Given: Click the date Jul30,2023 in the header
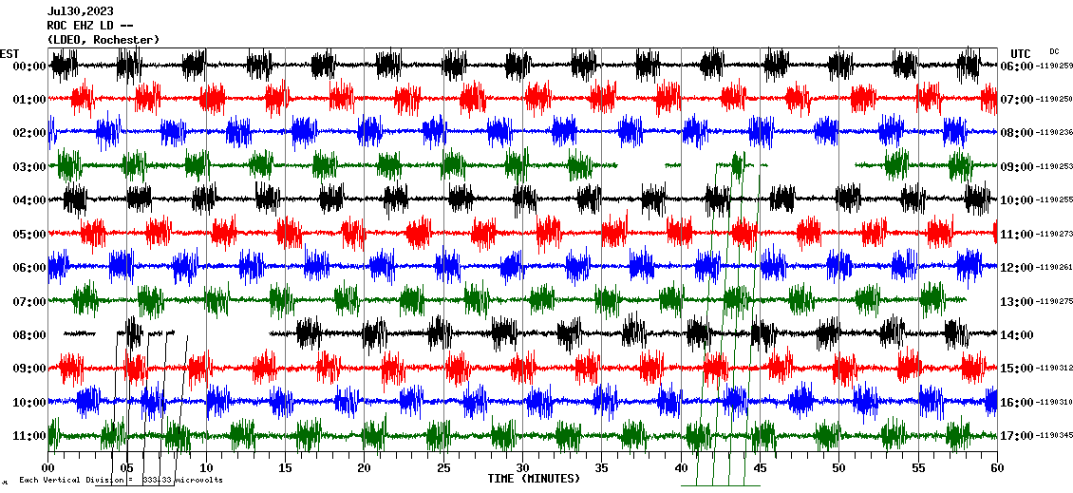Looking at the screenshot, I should pos(80,11).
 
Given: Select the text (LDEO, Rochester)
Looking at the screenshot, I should pos(104,39).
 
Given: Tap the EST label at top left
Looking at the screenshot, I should pos(9,53).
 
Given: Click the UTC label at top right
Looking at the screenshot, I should pos(1021,53).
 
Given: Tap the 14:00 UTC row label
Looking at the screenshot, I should pos(1018,334).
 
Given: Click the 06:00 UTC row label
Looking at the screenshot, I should pos(1018,66).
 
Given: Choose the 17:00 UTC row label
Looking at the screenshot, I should pos(1018,435).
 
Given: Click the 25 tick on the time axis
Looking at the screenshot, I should pos(443,468).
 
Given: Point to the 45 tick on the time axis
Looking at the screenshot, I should pos(760,468).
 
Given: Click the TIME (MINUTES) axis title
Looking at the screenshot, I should pos(534,479).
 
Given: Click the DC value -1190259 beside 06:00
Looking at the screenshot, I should pos(1055,66).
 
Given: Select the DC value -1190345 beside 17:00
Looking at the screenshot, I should pos(1055,435).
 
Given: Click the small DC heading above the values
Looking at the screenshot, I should pos(1054,51).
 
